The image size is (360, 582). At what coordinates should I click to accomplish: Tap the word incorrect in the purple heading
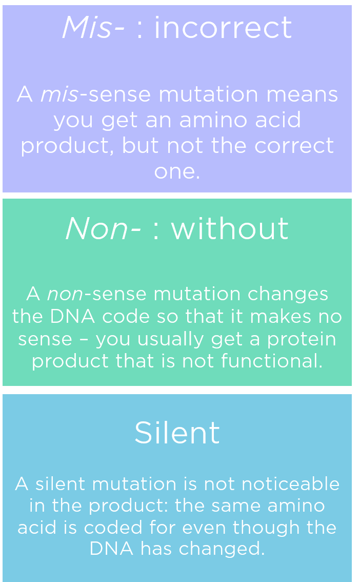tap(223, 28)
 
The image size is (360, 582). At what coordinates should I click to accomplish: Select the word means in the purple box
tap(307, 94)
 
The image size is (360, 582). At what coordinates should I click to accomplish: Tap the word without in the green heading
tap(230, 228)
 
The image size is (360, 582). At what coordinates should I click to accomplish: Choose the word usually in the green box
tap(164, 339)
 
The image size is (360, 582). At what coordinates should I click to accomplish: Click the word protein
tap(306, 339)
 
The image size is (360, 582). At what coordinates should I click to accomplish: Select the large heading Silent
tap(177, 433)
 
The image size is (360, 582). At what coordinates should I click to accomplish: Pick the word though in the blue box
tap(268, 528)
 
